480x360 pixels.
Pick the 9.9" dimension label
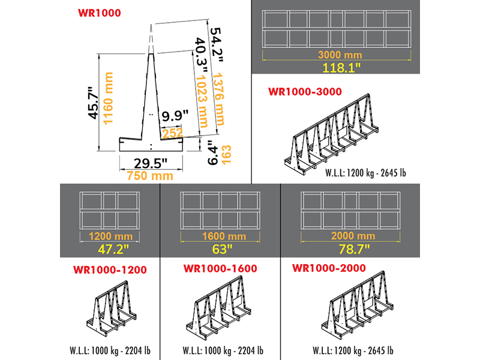(175, 113)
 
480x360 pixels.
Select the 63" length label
(220, 247)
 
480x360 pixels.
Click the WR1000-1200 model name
(110, 269)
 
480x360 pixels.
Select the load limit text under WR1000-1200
(109, 350)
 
